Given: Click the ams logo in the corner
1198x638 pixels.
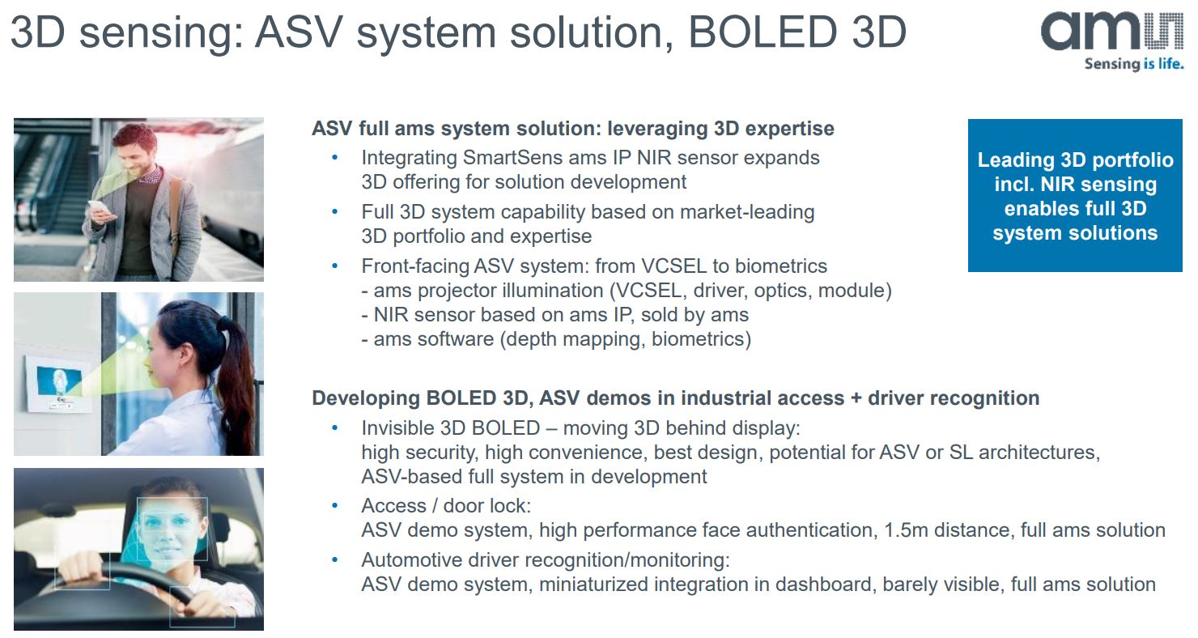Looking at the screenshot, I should (x=1111, y=32).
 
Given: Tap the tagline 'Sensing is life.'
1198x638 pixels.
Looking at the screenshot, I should (x=1133, y=64).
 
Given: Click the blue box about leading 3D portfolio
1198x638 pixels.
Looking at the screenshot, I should (x=1074, y=196).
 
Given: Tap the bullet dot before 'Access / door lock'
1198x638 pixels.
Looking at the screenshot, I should (x=334, y=506).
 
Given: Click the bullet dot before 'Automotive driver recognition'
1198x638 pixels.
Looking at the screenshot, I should (x=334, y=559).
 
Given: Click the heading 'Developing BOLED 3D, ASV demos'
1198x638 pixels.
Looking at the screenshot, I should (x=675, y=398).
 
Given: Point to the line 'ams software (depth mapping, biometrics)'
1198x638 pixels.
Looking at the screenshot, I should (x=556, y=338).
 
